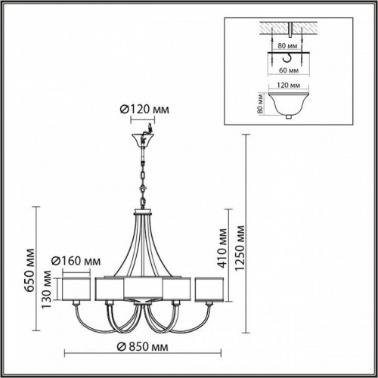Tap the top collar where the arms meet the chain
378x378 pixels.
point(142,212)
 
